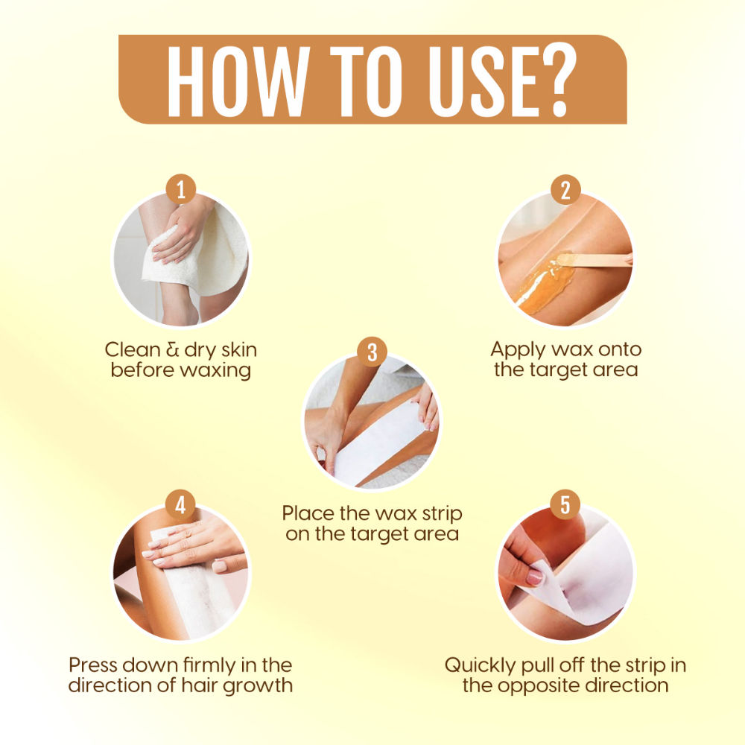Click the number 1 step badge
181,189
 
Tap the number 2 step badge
565,189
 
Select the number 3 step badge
372,352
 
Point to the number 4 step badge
180,504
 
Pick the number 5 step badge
565,504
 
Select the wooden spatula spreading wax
594,260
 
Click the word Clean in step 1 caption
133,349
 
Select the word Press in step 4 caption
92,665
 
